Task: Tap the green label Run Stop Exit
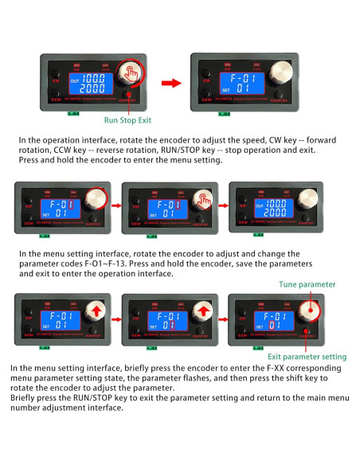point(128,121)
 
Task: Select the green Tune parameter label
point(307,284)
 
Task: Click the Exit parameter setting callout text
point(307,356)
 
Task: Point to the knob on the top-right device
point(277,77)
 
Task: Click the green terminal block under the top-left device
point(73,111)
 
